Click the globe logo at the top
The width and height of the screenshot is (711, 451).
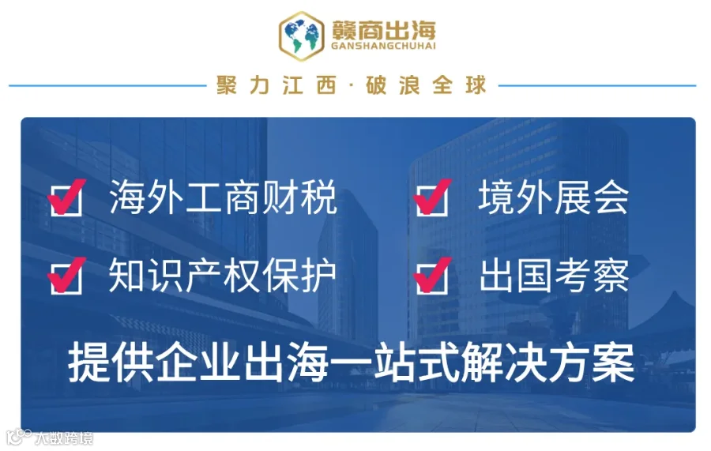[302, 36]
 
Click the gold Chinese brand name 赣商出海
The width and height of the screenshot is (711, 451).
[384, 29]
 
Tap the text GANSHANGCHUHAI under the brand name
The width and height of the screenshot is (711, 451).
[384, 46]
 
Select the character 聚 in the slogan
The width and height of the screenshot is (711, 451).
[226, 85]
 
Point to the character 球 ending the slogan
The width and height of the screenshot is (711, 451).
[476, 85]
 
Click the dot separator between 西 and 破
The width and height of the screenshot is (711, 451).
[352, 85]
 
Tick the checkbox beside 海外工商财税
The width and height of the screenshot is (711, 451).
[66, 198]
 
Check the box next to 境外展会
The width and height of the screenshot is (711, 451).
[432, 198]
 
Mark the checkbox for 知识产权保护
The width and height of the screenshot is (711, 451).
[66, 276]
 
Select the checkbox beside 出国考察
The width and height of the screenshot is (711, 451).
[432, 276]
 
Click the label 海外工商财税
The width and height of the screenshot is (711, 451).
[223, 197]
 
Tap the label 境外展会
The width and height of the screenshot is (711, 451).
[554, 197]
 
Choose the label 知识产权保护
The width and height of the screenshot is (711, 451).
[222, 276]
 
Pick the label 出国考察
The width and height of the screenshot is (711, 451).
[554, 276]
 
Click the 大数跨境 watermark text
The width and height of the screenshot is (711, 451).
[64, 438]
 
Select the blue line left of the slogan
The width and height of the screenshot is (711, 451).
[108, 85]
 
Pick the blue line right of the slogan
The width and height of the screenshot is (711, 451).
[597, 85]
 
